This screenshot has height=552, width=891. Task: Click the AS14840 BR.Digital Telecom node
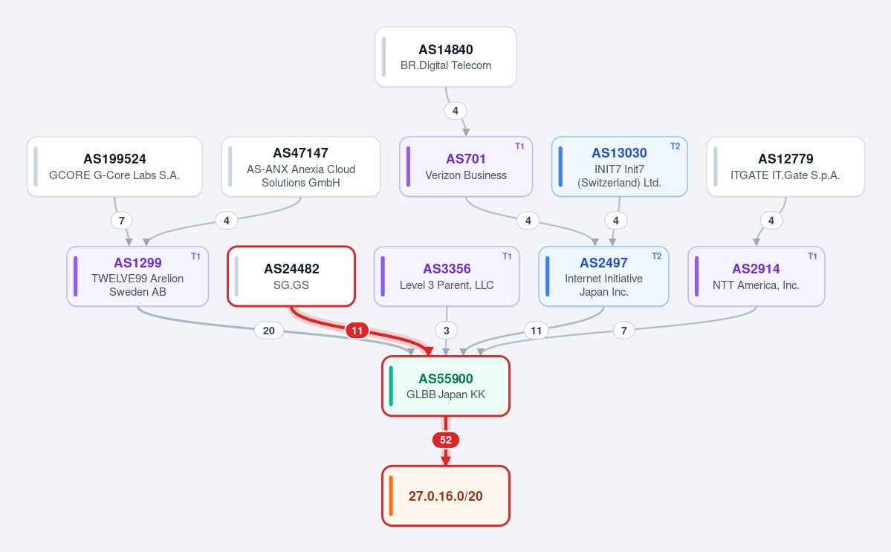[446, 56]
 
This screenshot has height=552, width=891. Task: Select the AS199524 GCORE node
[114, 166]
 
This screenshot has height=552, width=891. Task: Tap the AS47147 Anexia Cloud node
[301, 166]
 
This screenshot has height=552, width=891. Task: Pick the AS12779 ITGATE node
[785, 166]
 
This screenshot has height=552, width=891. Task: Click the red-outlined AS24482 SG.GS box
[291, 276]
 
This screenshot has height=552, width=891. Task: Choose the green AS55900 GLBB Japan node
[446, 386]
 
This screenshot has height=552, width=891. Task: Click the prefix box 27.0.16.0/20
[446, 496]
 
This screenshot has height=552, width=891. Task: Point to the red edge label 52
[446, 440]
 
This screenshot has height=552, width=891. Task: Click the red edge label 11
[357, 331]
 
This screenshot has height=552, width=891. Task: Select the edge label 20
[269, 331]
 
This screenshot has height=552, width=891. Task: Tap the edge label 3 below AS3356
[447, 331]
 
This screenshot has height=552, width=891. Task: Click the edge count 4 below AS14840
[455, 111]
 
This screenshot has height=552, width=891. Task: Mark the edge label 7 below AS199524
[122, 221]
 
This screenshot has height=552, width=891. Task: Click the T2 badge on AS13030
[675, 146]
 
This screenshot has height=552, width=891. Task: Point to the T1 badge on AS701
[520, 146]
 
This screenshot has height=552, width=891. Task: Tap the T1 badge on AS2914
[812, 256]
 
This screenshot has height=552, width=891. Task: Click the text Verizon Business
[466, 175]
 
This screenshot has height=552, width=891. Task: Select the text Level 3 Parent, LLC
[447, 285]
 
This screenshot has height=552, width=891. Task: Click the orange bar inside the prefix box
[391, 496]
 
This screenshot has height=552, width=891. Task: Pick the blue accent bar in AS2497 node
[548, 276]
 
